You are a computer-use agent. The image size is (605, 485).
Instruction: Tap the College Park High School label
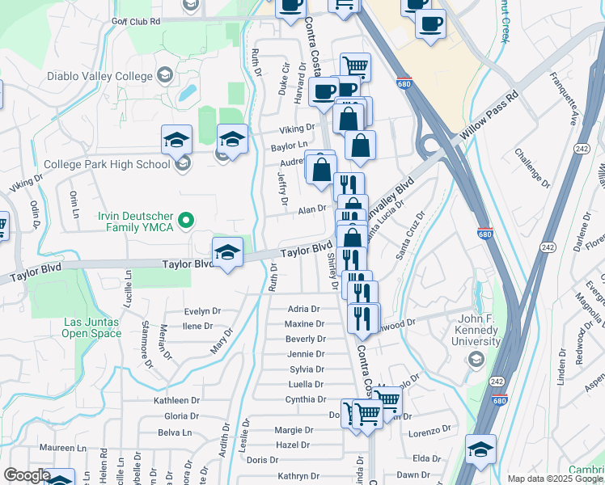coord(107,164)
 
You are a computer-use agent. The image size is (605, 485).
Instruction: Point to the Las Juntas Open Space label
coord(91,327)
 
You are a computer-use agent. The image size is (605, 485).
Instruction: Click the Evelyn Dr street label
coord(202,311)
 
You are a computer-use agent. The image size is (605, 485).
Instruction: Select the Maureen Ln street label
coord(64,447)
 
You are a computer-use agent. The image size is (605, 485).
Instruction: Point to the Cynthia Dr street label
coord(304,399)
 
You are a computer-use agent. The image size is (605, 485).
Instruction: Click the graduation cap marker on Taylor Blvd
coord(227,254)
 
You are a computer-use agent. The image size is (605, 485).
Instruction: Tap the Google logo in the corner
coord(27,476)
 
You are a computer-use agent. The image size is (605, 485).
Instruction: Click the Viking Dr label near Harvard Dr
coord(298,128)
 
